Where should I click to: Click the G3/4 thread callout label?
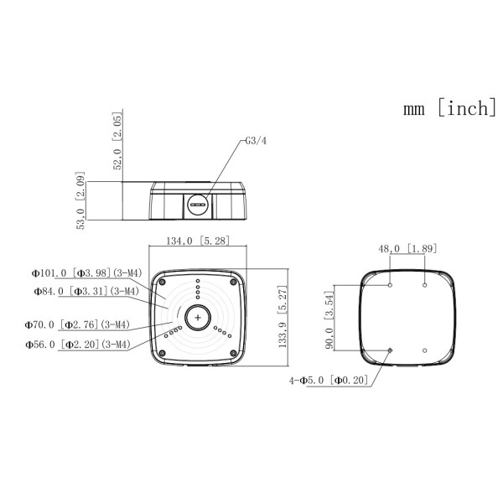[256, 141]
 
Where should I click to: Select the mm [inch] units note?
[449, 108]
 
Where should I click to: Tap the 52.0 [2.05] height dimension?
[117, 141]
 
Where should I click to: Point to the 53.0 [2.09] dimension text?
[80, 200]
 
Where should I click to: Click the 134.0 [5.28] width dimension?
[198, 241]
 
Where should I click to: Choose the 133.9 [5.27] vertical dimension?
[283, 317]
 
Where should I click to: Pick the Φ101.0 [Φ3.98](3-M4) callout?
[86, 273]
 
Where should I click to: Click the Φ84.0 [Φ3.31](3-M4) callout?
[86, 291]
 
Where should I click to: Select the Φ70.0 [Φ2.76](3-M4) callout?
[77, 325]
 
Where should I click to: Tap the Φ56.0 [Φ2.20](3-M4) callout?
[78, 345]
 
